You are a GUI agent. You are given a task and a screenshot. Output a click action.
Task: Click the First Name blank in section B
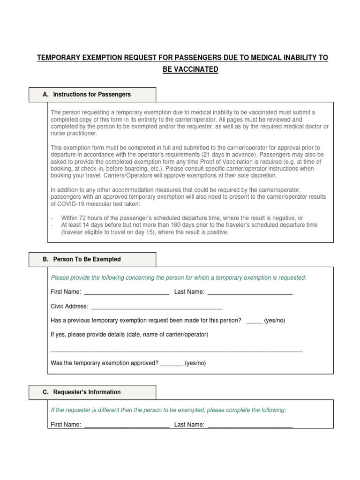coord(126,292)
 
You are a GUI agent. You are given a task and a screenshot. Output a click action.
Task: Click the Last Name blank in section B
coord(250,292)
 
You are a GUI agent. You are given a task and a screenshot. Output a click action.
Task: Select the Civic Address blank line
coord(157,307)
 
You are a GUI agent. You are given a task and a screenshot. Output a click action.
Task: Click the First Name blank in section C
coord(126,425)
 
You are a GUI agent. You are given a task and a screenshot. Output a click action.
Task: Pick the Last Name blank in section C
coord(250,425)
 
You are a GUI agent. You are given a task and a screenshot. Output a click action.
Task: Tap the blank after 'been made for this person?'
coord(254,322)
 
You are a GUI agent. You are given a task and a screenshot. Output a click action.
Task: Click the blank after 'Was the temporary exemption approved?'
coord(171,364)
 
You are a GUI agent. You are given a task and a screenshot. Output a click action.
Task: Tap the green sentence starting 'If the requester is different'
coord(168,410)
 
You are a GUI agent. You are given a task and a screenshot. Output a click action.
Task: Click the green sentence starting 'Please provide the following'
coord(178,277)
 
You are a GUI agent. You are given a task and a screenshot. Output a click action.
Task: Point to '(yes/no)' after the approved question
coord(195,363)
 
